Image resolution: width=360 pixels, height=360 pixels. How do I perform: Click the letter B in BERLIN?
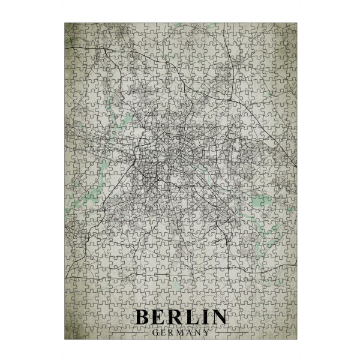144,317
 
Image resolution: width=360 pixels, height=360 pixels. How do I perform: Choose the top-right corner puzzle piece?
291,28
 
